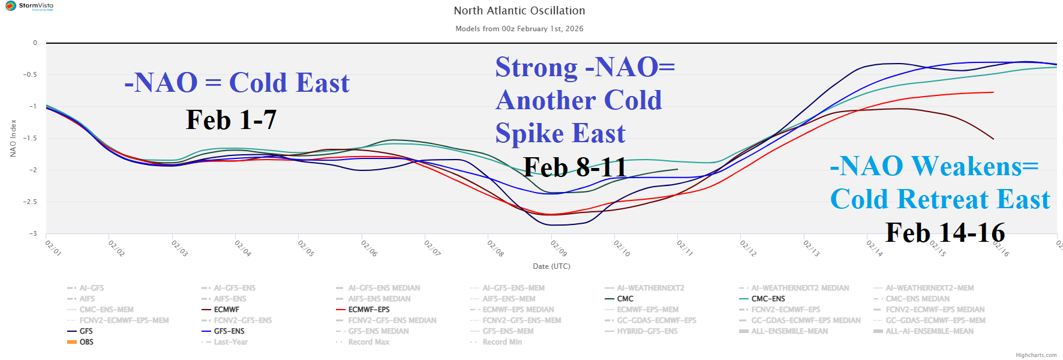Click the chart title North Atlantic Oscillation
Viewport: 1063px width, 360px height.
pyautogui.click(x=519, y=11)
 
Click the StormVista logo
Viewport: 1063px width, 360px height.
pyautogui.click(x=29, y=6)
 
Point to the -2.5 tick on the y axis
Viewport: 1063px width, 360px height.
pyautogui.click(x=30, y=202)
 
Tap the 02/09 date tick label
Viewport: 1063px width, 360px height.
pyautogui.click(x=558, y=248)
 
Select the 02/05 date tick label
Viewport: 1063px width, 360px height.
pyautogui.click(x=306, y=248)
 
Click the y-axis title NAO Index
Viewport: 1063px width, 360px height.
pyautogui.click(x=13, y=138)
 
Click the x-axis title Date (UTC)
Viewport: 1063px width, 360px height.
pyautogui.click(x=551, y=266)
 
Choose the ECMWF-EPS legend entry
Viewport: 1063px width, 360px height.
pyautogui.click(x=368, y=310)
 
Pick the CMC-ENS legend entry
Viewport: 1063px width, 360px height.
pyautogui.click(x=768, y=299)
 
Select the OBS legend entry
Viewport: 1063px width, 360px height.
pyautogui.click(x=86, y=342)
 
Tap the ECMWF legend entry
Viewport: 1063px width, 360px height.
pyautogui.click(x=226, y=310)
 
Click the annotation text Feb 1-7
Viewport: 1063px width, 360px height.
pyautogui.click(x=231, y=120)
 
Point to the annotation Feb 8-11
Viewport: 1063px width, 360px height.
pyautogui.click(x=575, y=167)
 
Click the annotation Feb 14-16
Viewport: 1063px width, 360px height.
pyautogui.click(x=945, y=233)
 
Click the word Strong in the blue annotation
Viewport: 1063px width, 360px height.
pyautogui.click(x=536, y=67)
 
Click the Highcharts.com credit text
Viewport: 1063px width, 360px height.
pyautogui.click(x=1036, y=355)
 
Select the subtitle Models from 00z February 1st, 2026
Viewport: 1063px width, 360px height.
pyautogui.click(x=519, y=29)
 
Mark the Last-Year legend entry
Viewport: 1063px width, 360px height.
pyautogui.click(x=230, y=342)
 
